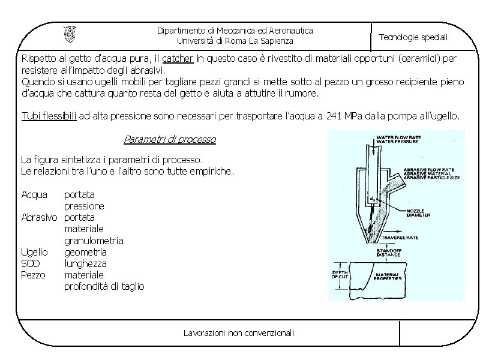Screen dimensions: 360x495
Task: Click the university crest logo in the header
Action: [x=70, y=35]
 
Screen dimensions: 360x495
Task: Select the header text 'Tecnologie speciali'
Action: [x=413, y=37]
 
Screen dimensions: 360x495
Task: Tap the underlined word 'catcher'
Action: [x=178, y=59]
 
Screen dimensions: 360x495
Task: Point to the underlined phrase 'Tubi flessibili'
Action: [x=49, y=116]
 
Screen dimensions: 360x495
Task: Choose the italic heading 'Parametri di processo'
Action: [x=170, y=140]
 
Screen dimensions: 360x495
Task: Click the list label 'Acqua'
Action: [x=34, y=194]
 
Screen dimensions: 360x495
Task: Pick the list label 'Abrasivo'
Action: [x=39, y=217]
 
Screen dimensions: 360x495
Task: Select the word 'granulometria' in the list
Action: [x=94, y=241]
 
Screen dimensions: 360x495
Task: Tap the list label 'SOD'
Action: [x=31, y=263]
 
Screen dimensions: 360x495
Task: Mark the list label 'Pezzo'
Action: [x=33, y=275]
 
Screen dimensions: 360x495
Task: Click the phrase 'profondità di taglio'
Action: [x=104, y=286]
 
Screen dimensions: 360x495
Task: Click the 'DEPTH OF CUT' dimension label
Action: [x=341, y=275]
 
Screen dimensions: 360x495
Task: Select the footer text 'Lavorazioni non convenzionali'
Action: [x=239, y=332]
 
